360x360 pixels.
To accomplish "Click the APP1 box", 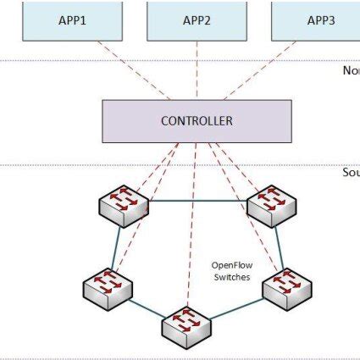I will pyautogui.click(x=71, y=19).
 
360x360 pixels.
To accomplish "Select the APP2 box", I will pyautogui.click(x=197, y=19).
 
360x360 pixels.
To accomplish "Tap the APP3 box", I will pyautogui.click(x=320, y=19).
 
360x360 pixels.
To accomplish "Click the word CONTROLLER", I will pyautogui.click(x=197, y=120).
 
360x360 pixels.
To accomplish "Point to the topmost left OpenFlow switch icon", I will pyautogui.click(x=124, y=204).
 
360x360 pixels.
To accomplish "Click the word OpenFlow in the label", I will pyautogui.click(x=230, y=265).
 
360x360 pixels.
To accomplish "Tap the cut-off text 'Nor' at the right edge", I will pyautogui.click(x=351, y=70).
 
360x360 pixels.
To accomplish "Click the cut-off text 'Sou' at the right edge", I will pyautogui.click(x=350, y=173).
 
